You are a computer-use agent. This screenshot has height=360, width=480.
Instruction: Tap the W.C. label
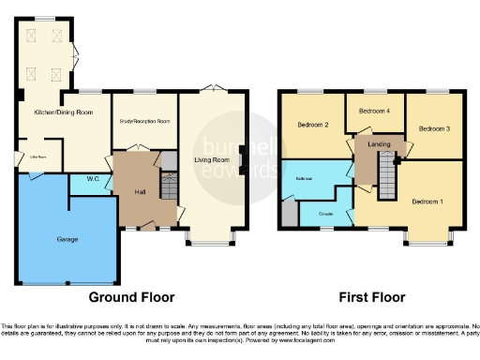pyautogui.click(x=95, y=179)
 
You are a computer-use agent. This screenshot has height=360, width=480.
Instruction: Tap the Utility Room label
pyautogui.click(x=38, y=157)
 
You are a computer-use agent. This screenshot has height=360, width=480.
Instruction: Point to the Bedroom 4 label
pyautogui.click(x=373, y=111)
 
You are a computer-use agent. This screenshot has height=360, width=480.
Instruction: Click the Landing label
pyautogui.click(x=380, y=143)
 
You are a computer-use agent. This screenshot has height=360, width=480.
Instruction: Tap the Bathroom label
pyautogui.click(x=305, y=178)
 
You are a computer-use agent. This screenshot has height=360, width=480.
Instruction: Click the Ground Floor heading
pyautogui.click(x=131, y=297)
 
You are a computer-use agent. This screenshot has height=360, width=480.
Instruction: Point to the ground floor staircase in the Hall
pyautogui.click(x=168, y=189)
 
